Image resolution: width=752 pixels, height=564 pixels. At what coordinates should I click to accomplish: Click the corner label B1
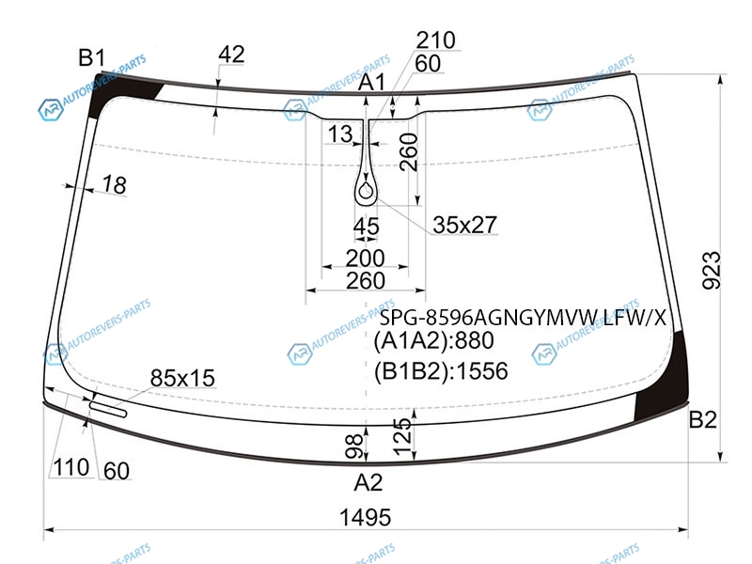pos(91,58)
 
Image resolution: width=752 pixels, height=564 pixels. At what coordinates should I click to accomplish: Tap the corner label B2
pos(702,419)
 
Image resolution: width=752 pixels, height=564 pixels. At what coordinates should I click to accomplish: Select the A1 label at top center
pos(371,83)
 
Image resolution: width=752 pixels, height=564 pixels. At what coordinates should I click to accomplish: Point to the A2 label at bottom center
pos(368,482)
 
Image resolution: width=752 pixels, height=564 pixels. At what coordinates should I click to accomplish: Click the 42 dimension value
pos(231,55)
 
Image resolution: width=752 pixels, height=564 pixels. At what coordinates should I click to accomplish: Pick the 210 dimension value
pos(435,39)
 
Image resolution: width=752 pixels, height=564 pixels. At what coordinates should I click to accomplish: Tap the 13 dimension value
pos(340,133)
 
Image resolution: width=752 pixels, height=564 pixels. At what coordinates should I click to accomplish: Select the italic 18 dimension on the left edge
pos(114,184)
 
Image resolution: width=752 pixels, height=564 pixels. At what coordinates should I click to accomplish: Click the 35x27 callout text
pos(464,225)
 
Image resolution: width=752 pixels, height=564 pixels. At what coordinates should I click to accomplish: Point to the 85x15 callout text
pos(182,378)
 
